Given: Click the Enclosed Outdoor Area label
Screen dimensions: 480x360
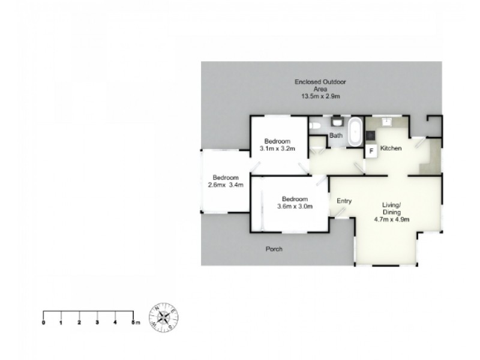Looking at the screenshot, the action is tap(320, 85).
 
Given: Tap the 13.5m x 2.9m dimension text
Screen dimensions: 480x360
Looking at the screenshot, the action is tap(320, 97).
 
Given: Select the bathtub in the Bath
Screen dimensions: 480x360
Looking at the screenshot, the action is tap(355, 132).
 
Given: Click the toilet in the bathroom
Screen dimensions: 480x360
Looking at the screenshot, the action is tap(314, 125).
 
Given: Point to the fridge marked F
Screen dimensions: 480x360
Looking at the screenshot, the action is tap(371, 151).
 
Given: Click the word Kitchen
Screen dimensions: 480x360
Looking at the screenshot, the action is tap(391, 148).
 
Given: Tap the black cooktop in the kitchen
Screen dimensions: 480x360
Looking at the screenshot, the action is tap(370, 135).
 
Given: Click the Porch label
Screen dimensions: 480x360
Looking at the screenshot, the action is tap(274, 249).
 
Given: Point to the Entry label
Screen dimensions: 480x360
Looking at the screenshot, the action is tap(344, 201).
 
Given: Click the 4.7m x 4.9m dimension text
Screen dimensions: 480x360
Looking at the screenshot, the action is tap(392, 219).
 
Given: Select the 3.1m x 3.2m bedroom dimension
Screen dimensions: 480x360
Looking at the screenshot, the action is tap(277, 149).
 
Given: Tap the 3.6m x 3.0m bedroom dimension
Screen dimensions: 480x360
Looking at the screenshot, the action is tap(295, 206).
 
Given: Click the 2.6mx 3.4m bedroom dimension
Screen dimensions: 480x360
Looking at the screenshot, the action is tap(226, 185).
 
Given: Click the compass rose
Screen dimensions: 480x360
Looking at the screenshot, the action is tap(164, 317).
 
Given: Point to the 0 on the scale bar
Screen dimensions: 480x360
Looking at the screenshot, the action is tap(43, 323).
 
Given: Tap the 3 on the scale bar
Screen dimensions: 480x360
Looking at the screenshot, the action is tap(97, 323).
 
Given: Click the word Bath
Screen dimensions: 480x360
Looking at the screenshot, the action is tap(336, 136).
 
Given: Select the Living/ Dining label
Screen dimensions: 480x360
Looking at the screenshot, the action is tap(392, 208).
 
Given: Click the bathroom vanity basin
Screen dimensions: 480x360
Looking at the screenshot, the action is tap(337, 122).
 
